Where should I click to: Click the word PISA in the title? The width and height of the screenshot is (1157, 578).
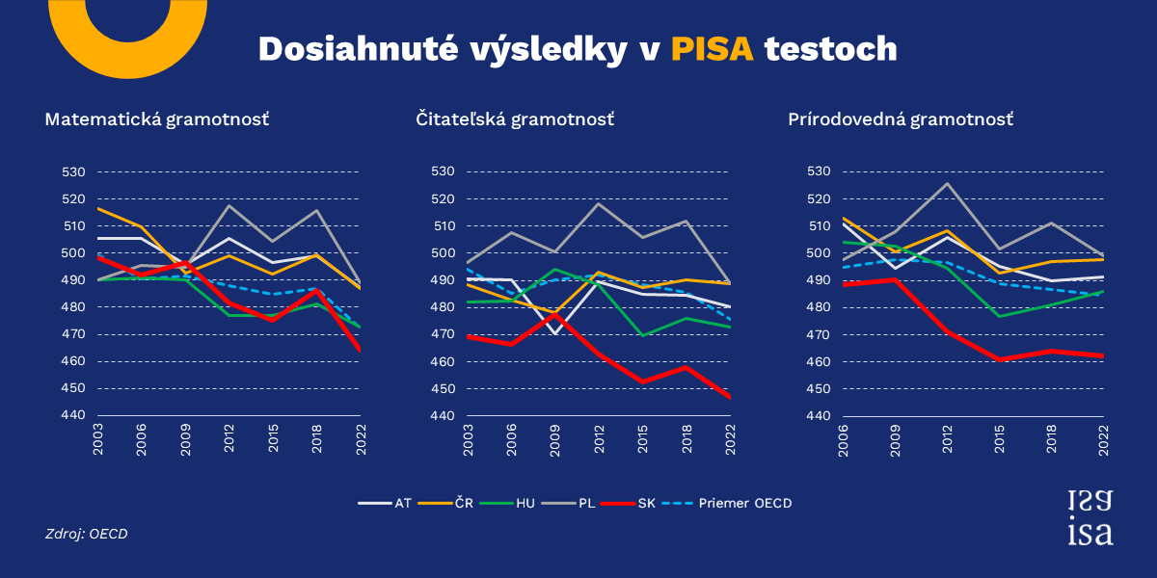[712, 49]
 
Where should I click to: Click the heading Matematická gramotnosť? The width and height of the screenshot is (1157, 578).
[157, 119]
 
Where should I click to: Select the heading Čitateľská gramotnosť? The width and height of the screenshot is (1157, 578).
[515, 119]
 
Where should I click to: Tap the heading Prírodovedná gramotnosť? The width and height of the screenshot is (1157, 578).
[901, 119]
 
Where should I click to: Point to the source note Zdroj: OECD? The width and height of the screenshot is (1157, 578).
[87, 533]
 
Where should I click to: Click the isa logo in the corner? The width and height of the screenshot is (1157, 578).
[1090, 516]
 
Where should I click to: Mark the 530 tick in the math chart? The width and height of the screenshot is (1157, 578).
[74, 171]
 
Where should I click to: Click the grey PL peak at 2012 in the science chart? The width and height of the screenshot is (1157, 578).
[947, 183]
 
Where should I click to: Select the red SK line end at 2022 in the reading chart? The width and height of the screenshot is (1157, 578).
[730, 397]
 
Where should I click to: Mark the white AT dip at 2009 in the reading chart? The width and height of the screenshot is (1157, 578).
[554, 332]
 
